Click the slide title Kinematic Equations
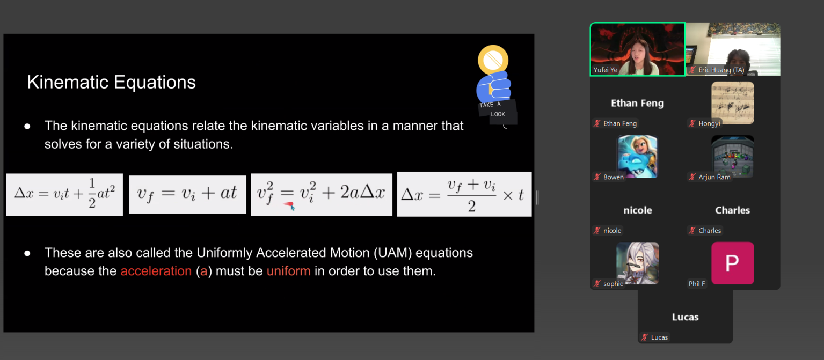pos(111,82)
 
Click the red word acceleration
pos(156,271)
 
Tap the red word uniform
pos(288,271)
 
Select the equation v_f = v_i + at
pos(187,194)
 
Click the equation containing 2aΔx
pos(322,194)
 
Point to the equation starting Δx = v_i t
pos(64,194)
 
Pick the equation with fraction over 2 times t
pos(464,194)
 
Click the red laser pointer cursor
pos(289,205)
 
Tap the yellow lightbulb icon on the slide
pos(493,60)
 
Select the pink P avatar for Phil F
pos(732,263)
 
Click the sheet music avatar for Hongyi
pos(732,102)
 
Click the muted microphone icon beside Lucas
pos(645,337)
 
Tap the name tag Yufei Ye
pos(605,70)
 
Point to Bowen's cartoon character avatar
pos(638,156)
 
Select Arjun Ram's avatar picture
pos(732,156)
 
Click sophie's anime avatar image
pos(638,263)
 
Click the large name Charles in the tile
pos(732,210)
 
